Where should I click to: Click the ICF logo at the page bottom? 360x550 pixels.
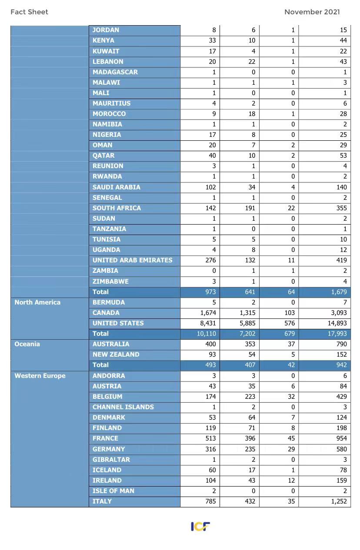(x=200, y=527)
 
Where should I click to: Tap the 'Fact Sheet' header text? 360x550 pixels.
(x=29, y=12)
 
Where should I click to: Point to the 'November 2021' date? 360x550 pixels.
(x=312, y=12)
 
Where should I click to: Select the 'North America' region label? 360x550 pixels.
(x=37, y=302)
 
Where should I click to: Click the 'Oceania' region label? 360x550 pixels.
(x=27, y=344)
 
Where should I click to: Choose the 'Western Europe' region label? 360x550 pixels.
(x=40, y=376)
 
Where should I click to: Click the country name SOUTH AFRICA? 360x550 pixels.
(x=117, y=208)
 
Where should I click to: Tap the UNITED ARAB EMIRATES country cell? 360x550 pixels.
(x=132, y=260)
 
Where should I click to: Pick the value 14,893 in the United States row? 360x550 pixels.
(x=337, y=323)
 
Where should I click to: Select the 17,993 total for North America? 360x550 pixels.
(x=337, y=334)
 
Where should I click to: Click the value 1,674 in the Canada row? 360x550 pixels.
(x=208, y=313)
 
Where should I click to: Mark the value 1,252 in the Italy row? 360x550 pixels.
(x=338, y=501)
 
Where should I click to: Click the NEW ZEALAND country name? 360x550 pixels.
(x=116, y=355)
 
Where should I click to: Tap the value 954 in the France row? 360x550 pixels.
(x=341, y=438)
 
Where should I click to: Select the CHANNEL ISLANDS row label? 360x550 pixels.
(x=123, y=407)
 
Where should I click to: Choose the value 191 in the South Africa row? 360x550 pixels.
(x=250, y=208)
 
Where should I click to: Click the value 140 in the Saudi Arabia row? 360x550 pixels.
(x=341, y=187)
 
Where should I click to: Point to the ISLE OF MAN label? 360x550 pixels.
(x=113, y=491)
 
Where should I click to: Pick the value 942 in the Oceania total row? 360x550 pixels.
(x=341, y=365)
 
